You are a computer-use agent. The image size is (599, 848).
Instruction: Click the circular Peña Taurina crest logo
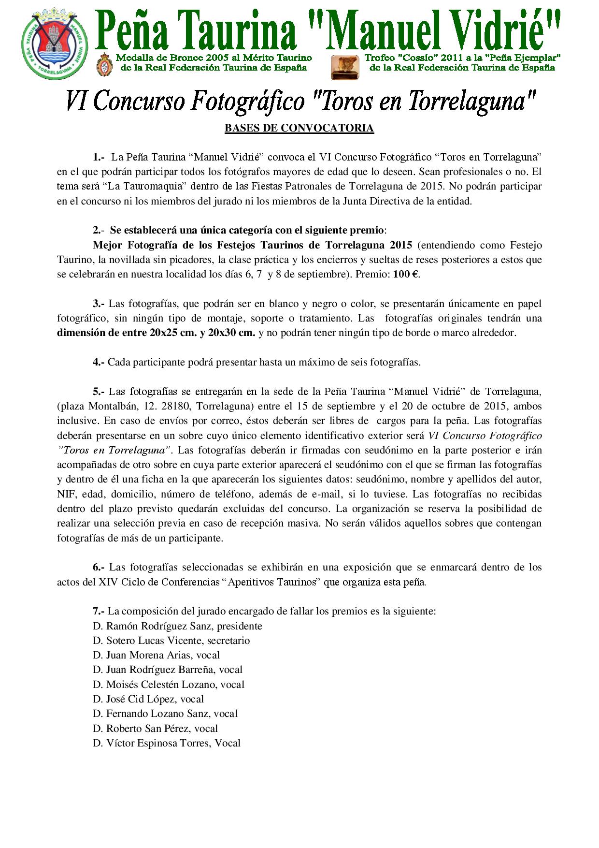[x=55, y=47]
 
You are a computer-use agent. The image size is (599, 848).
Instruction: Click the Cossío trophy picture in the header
[x=344, y=67]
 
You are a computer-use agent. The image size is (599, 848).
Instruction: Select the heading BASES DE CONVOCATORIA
[x=299, y=128]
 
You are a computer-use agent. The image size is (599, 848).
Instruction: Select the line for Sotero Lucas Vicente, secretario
[x=171, y=641]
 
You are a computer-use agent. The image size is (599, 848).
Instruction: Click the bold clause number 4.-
[x=99, y=362]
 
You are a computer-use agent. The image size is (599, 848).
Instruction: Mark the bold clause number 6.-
[x=99, y=567]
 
